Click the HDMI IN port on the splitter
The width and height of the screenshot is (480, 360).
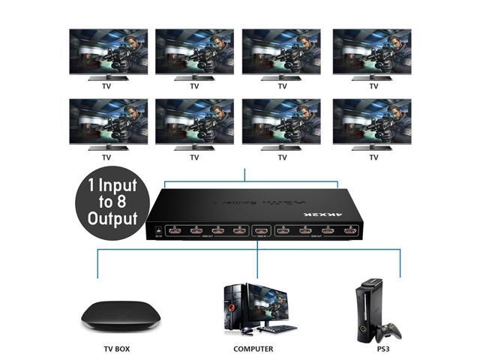click(260, 231)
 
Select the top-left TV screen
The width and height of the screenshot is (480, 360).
click(107, 52)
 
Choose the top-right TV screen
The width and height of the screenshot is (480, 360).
click(371, 52)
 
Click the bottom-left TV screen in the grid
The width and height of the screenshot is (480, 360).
click(107, 122)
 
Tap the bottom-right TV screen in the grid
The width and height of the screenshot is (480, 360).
click(371, 122)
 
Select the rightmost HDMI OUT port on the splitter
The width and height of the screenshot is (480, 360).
click(348, 232)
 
